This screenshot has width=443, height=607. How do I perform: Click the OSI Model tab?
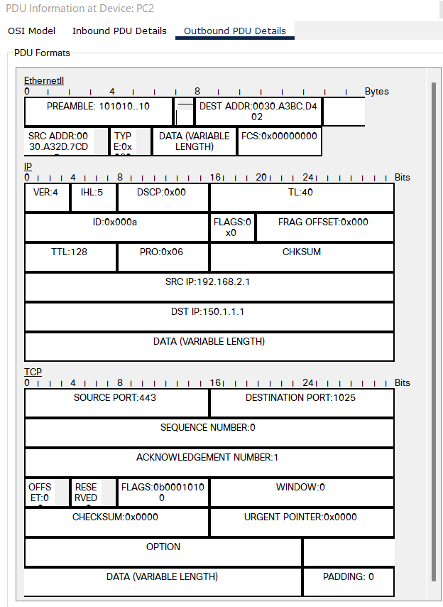[x=31, y=31]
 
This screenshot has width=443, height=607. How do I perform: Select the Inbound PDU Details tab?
[x=119, y=31]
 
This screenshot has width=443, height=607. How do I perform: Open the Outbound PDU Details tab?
[x=235, y=31]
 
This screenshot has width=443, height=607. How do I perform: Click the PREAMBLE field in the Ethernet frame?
[x=98, y=111]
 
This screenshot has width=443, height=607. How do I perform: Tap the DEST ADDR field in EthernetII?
[x=258, y=111]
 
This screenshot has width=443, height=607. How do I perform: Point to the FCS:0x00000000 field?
[x=279, y=141]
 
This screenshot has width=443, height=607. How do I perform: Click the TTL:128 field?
[x=70, y=257]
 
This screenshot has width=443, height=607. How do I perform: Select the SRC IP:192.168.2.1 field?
[x=209, y=286]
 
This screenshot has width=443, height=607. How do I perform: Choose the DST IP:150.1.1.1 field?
[x=209, y=316]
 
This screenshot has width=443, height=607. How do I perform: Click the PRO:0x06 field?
[x=163, y=257]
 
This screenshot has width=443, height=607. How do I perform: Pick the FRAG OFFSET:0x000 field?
[x=324, y=227]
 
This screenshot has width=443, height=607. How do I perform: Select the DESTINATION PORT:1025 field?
[x=301, y=402]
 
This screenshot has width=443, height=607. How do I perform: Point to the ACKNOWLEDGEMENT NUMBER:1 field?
[x=209, y=462]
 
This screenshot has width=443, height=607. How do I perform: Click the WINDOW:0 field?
[x=301, y=492]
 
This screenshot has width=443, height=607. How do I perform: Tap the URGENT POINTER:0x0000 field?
[x=301, y=522]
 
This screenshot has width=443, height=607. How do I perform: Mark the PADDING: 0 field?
[x=348, y=581]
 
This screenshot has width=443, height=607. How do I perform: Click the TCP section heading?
[x=33, y=372]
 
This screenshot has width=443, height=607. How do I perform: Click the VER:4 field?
[x=47, y=197]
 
